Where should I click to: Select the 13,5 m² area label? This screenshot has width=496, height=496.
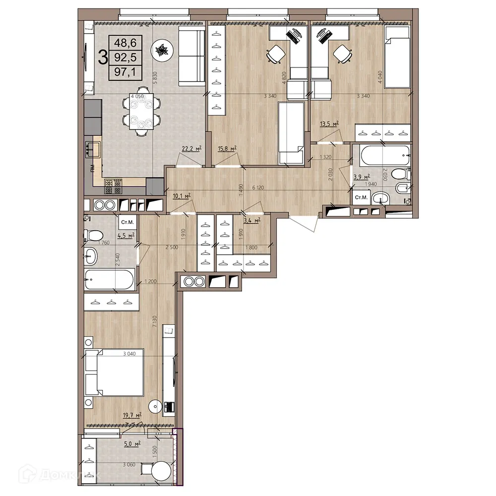coord(329,124)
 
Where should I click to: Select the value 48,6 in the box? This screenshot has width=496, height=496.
coord(126,43)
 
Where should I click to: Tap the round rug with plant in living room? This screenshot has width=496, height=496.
coord(162,50)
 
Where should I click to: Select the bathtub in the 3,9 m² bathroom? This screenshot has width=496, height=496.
coord(383,157)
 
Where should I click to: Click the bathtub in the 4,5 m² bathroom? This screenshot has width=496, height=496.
coord(109,280)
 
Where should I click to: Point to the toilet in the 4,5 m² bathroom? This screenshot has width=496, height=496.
coord(93,235)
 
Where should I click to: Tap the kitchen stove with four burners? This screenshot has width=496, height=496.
coord(113,186)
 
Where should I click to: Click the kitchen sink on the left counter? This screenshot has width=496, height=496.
coord(93,147)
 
